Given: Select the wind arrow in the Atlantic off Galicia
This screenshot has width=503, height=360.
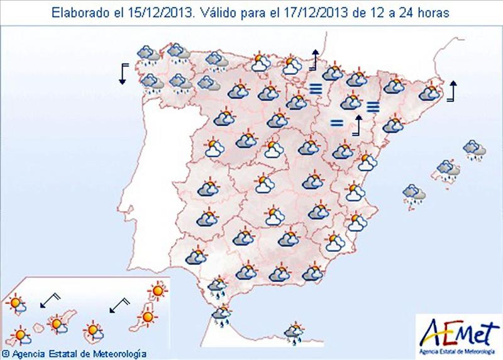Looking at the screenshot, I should (123, 73).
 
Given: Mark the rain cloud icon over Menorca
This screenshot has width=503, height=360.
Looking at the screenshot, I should (474, 150).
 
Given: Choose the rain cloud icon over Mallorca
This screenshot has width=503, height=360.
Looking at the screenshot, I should (448, 170).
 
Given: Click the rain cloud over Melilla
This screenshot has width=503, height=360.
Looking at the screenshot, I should (293, 333).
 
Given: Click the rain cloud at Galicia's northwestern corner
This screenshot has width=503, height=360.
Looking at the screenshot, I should (148, 55).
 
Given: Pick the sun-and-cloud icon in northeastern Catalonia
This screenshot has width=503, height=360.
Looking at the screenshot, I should (430, 93).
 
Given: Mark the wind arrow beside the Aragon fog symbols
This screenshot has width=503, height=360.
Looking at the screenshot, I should (358, 125).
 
